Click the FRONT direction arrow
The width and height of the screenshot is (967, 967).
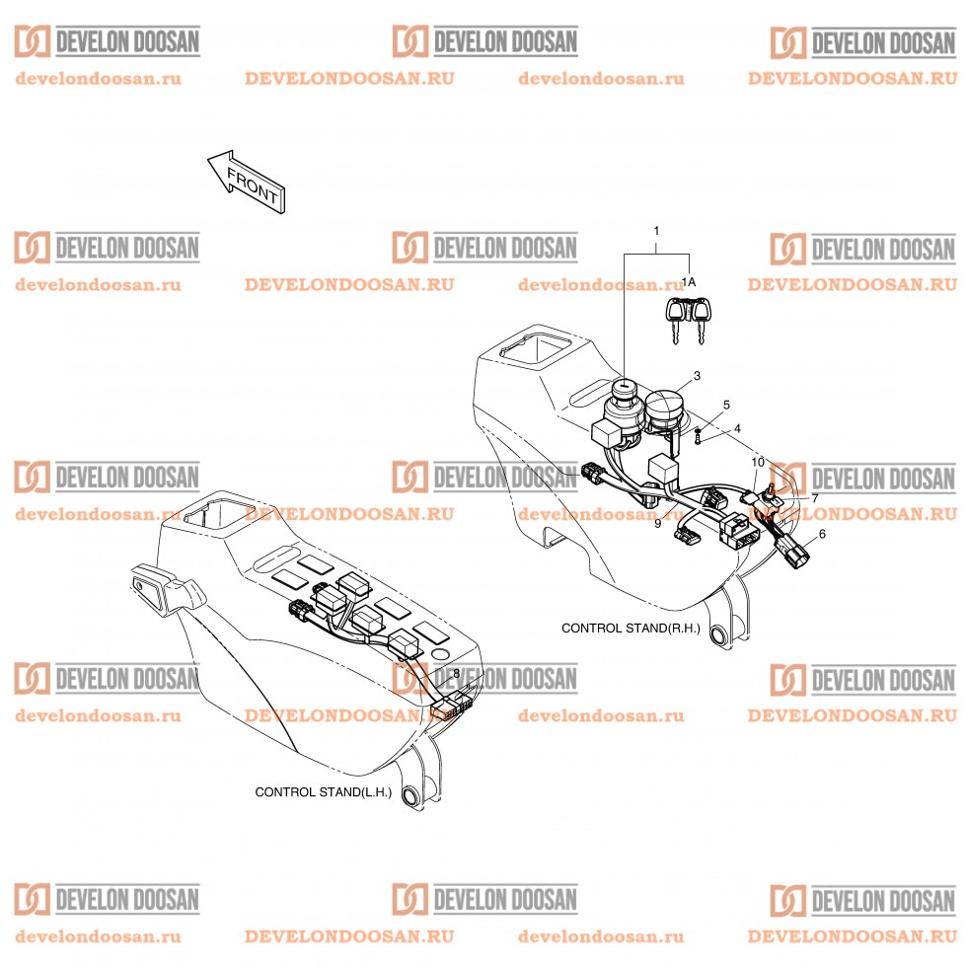click(246, 181)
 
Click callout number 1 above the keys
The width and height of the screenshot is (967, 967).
click(656, 231)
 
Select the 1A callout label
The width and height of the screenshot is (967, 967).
click(689, 282)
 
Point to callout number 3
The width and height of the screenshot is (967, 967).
click(697, 376)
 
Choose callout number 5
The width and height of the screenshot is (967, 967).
click(727, 405)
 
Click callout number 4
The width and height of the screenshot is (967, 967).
click(736, 429)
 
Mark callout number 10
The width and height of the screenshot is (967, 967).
click(758, 462)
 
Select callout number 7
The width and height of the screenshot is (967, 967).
click(815, 498)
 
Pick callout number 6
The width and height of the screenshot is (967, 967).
click(823, 534)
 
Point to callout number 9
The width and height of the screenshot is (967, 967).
click(657, 524)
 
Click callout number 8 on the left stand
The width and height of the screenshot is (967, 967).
click(456, 673)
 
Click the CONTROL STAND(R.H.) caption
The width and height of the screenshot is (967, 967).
click(630, 628)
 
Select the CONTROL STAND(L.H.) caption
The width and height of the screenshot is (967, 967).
click(323, 791)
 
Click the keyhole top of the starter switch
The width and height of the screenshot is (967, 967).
click(627, 386)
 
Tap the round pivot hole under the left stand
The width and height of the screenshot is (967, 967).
click(411, 795)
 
